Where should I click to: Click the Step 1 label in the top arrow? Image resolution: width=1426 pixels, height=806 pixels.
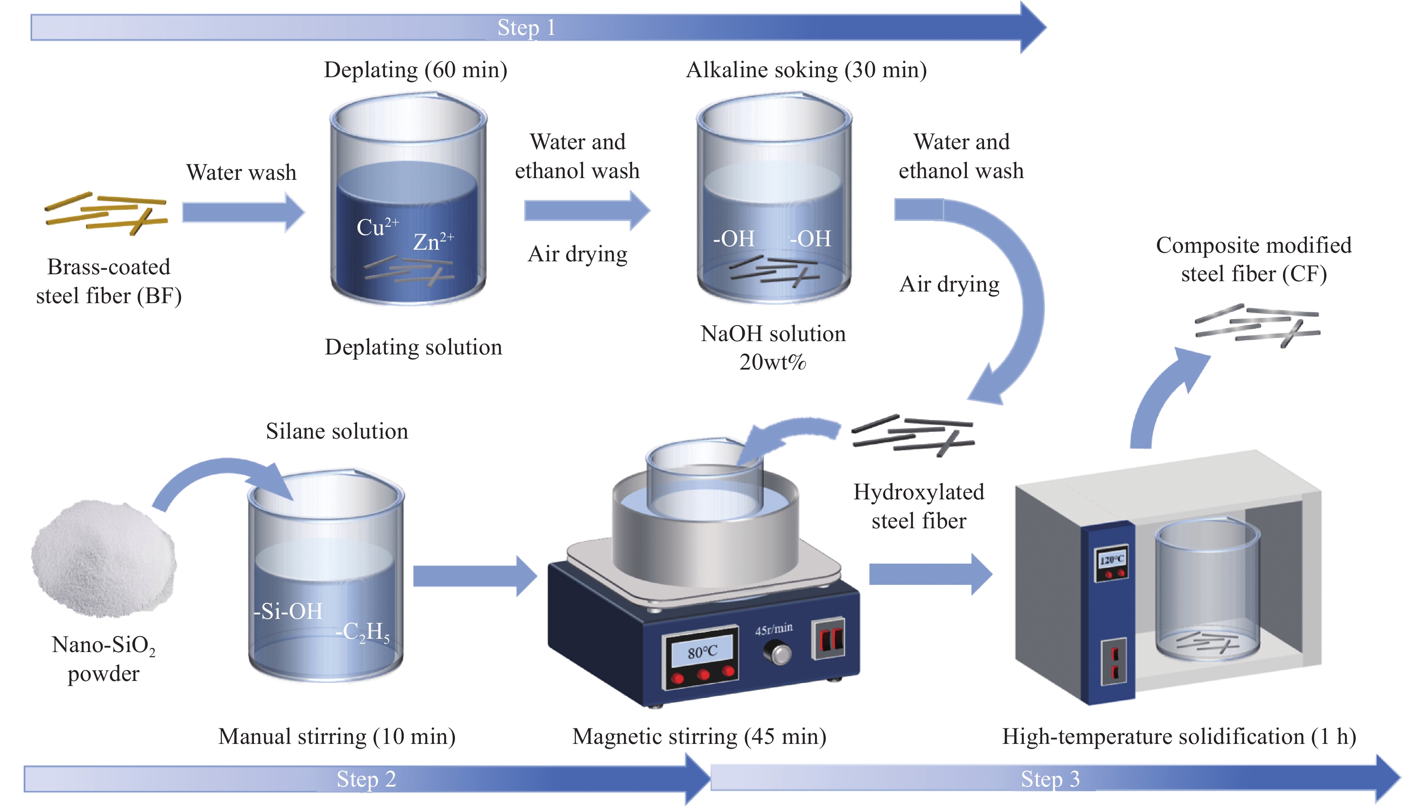[526, 28]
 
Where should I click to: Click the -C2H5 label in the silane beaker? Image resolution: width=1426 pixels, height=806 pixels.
[363, 632]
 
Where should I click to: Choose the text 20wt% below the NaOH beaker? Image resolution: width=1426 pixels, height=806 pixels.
[772, 362]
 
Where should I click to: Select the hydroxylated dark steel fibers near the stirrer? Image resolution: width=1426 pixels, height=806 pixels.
[913, 435]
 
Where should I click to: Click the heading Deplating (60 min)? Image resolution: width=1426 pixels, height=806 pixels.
[415, 70]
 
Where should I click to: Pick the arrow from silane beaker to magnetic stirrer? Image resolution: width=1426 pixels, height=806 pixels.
[474, 576]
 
